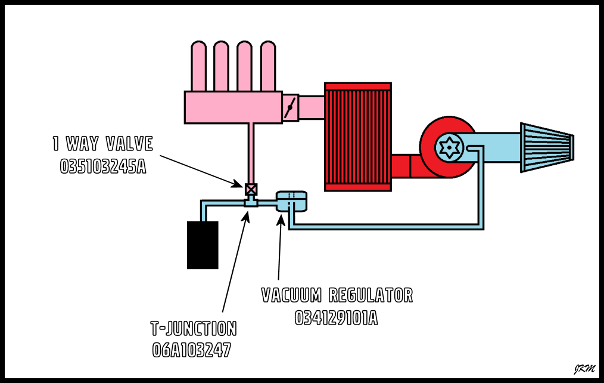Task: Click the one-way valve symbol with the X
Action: (x=251, y=189)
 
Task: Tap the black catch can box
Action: (x=203, y=245)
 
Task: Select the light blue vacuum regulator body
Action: (x=292, y=201)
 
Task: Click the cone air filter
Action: (x=547, y=147)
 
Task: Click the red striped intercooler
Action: (x=357, y=137)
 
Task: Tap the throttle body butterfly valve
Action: (x=290, y=108)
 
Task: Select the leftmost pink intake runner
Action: (x=198, y=66)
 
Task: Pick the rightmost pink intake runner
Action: (x=268, y=66)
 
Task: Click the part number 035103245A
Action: (x=103, y=166)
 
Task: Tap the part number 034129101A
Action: (x=337, y=318)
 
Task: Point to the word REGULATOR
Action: (x=371, y=295)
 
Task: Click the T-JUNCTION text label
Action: (x=194, y=329)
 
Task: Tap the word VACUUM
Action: (x=292, y=295)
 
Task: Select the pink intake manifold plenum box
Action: (x=233, y=107)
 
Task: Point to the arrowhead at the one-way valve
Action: (x=241, y=184)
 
